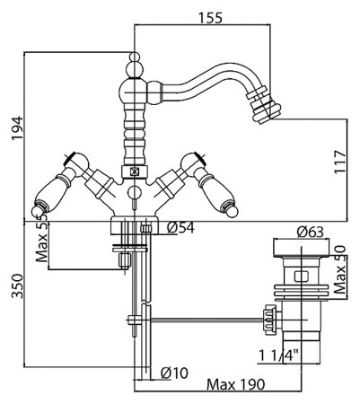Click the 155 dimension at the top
210,18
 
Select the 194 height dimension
17,128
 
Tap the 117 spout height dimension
340,162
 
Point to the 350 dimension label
17,286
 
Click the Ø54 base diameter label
180,228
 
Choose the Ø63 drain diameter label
311,232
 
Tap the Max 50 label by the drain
340,269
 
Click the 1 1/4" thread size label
279,356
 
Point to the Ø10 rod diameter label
174,373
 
